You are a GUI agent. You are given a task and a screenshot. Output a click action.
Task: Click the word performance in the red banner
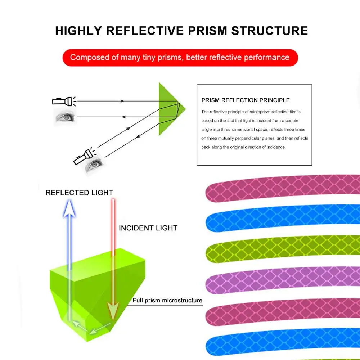tap(267, 58)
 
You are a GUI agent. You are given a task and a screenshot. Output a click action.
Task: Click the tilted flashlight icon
tap(82, 156)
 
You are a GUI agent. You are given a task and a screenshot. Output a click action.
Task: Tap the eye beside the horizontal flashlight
tap(65, 117)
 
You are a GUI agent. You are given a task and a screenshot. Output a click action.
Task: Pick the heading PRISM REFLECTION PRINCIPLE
tap(246, 100)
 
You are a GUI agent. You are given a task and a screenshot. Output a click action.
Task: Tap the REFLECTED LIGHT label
tap(79, 193)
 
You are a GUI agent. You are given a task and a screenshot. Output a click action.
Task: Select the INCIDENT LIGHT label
tap(148, 228)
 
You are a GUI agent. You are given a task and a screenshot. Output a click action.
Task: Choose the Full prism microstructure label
tap(167, 300)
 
